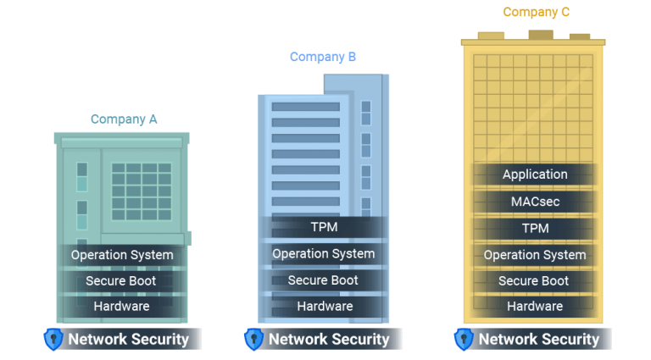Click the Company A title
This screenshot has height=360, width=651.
pos(124,119)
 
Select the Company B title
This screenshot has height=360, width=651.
pos(323,58)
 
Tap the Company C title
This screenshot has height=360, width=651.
pos(536,13)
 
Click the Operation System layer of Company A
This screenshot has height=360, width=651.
pos(122,255)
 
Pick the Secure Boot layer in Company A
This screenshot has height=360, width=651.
pos(122,281)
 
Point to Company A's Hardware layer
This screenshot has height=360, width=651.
pos(122,307)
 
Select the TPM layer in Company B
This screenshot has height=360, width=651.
pos(323,228)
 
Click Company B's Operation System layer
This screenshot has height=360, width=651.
pos(323,254)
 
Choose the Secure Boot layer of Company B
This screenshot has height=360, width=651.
pos(323,280)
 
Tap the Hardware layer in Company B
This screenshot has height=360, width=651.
pos(323,307)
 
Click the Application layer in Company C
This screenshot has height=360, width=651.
pos(535,174)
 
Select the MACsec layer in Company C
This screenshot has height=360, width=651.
pos(535,202)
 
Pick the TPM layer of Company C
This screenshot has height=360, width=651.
pos(535,229)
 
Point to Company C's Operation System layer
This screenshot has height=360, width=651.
pos(535,255)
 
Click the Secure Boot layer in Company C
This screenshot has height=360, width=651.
pos(535,281)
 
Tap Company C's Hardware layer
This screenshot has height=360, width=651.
pos(535,307)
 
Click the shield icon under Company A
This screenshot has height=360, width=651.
pos(53,340)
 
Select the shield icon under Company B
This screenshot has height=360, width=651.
pos(253,340)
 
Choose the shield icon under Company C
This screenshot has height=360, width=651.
pos(463,340)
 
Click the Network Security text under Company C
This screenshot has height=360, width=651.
pos(539,340)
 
